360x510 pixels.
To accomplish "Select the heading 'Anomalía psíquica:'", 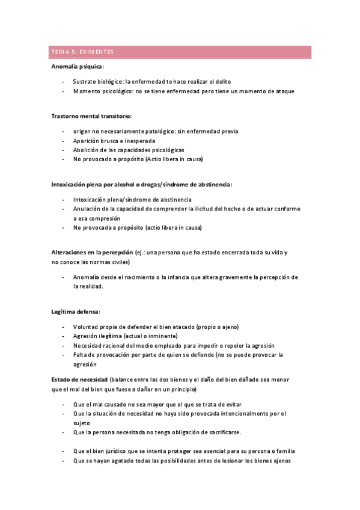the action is point(78,66).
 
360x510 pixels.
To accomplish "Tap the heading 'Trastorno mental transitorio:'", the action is point(91,115).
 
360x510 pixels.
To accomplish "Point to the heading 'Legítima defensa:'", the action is point(76,312).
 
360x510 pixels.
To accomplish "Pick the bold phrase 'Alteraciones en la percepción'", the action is point(92,253).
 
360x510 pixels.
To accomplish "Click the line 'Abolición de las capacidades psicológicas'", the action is point(129,150).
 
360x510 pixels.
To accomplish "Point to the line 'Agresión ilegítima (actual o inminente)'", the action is point(125,336).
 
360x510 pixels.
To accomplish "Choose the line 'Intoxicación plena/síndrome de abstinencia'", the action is point(132,199).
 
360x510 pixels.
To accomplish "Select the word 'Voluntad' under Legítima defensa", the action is point(85,327).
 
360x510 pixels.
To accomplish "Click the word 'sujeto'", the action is point(81,423).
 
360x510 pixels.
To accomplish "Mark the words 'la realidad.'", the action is point(88,287).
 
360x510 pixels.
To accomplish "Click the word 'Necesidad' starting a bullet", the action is point(88,346).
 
